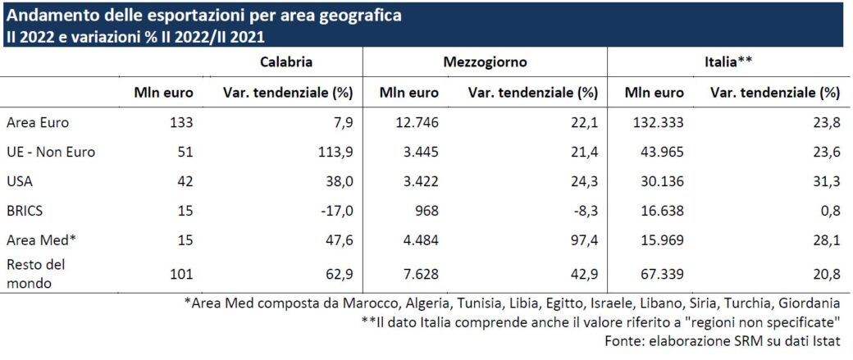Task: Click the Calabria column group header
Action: (286, 62)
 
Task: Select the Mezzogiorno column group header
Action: (485, 62)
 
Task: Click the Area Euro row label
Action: (38, 123)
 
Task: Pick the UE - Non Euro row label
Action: (51, 152)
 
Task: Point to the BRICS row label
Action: (26, 211)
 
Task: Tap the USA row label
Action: (21, 181)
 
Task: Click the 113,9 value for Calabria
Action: (335, 152)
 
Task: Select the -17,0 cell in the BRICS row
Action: (336, 211)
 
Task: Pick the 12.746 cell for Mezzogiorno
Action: (418, 123)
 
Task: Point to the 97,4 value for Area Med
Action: (583, 239)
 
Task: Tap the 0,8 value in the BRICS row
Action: (830, 211)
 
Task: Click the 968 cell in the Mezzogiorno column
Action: (426, 211)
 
